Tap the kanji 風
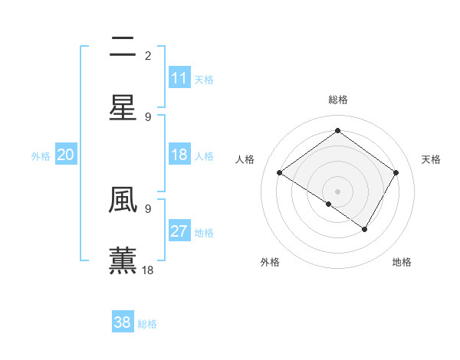click(x=123, y=200)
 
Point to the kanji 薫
click(x=123, y=260)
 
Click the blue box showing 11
click(x=179, y=78)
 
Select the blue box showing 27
click(x=179, y=232)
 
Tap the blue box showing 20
click(x=65, y=155)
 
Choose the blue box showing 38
click(x=123, y=322)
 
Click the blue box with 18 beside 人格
click(x=179, y=155)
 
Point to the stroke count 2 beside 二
click(x=148, y=55)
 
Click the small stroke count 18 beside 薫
click(x=148, y=270)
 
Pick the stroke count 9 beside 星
click(x=148, y=116)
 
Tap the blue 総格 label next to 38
click(x=147, y=324)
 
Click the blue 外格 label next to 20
click(x=41, y=156)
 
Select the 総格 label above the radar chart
click(x=337, y=100)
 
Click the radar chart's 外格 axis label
click(x=270, y=262)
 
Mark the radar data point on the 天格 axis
click(x=396, y=173)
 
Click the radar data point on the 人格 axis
click(x=280, y=173)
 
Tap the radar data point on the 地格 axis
click(x=365, y=229)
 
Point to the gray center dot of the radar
click(x=337, y=191)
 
